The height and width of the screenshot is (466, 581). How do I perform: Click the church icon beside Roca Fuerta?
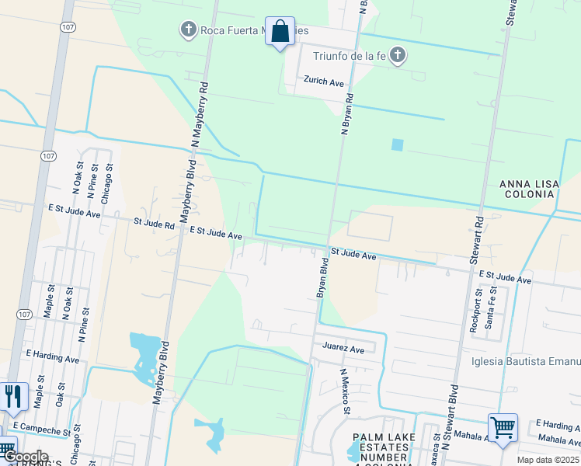(x=187, y=30)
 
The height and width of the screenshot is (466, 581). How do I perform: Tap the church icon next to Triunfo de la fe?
(x=398, y=55)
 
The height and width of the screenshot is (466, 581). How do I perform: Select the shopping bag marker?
(x=280, y=32)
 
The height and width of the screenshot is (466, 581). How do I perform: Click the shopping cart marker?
(x=503, y=427)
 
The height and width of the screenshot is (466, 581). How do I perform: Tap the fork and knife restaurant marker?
(x=13, y=396)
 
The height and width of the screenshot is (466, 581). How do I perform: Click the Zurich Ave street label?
(x=324, y=82)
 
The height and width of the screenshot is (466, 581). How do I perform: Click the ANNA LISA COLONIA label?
(x=528, y=189)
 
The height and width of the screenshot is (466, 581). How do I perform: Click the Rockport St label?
(x=478, y=311)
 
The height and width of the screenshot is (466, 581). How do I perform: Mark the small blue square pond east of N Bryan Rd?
(x=398, y=144)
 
